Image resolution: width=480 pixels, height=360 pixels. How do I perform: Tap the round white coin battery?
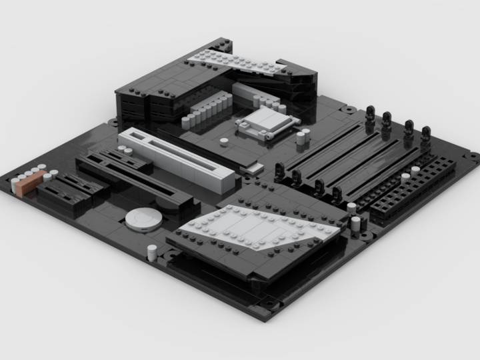pyautogui.click(x=143, y=219)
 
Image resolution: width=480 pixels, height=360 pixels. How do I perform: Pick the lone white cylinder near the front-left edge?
pyautogui.click(x=152, y=252)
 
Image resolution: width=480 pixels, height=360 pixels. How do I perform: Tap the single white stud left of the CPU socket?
pyautogui.click(x=224, y=141)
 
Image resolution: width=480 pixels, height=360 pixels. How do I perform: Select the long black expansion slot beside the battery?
pyautogui.click(x=133, y=177)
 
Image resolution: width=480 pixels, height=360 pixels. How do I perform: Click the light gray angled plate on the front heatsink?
pyautogui.click(x=260, y=230)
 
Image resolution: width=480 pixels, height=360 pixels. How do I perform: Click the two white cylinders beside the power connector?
pyautogui.click(x=358, y=223)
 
